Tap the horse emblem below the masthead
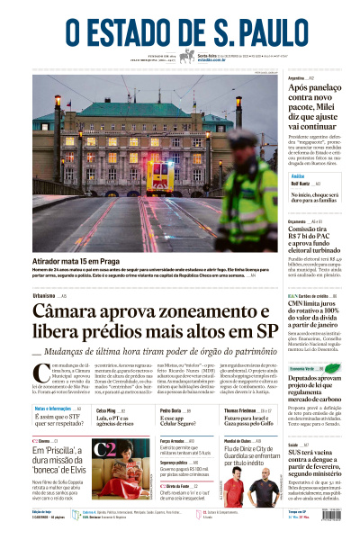pyautogui.click(x=186, y=56)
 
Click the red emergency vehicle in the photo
pyautogui.click(x=159, y=174)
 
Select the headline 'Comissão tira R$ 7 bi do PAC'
pyautogui.click(x=308, y=234)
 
